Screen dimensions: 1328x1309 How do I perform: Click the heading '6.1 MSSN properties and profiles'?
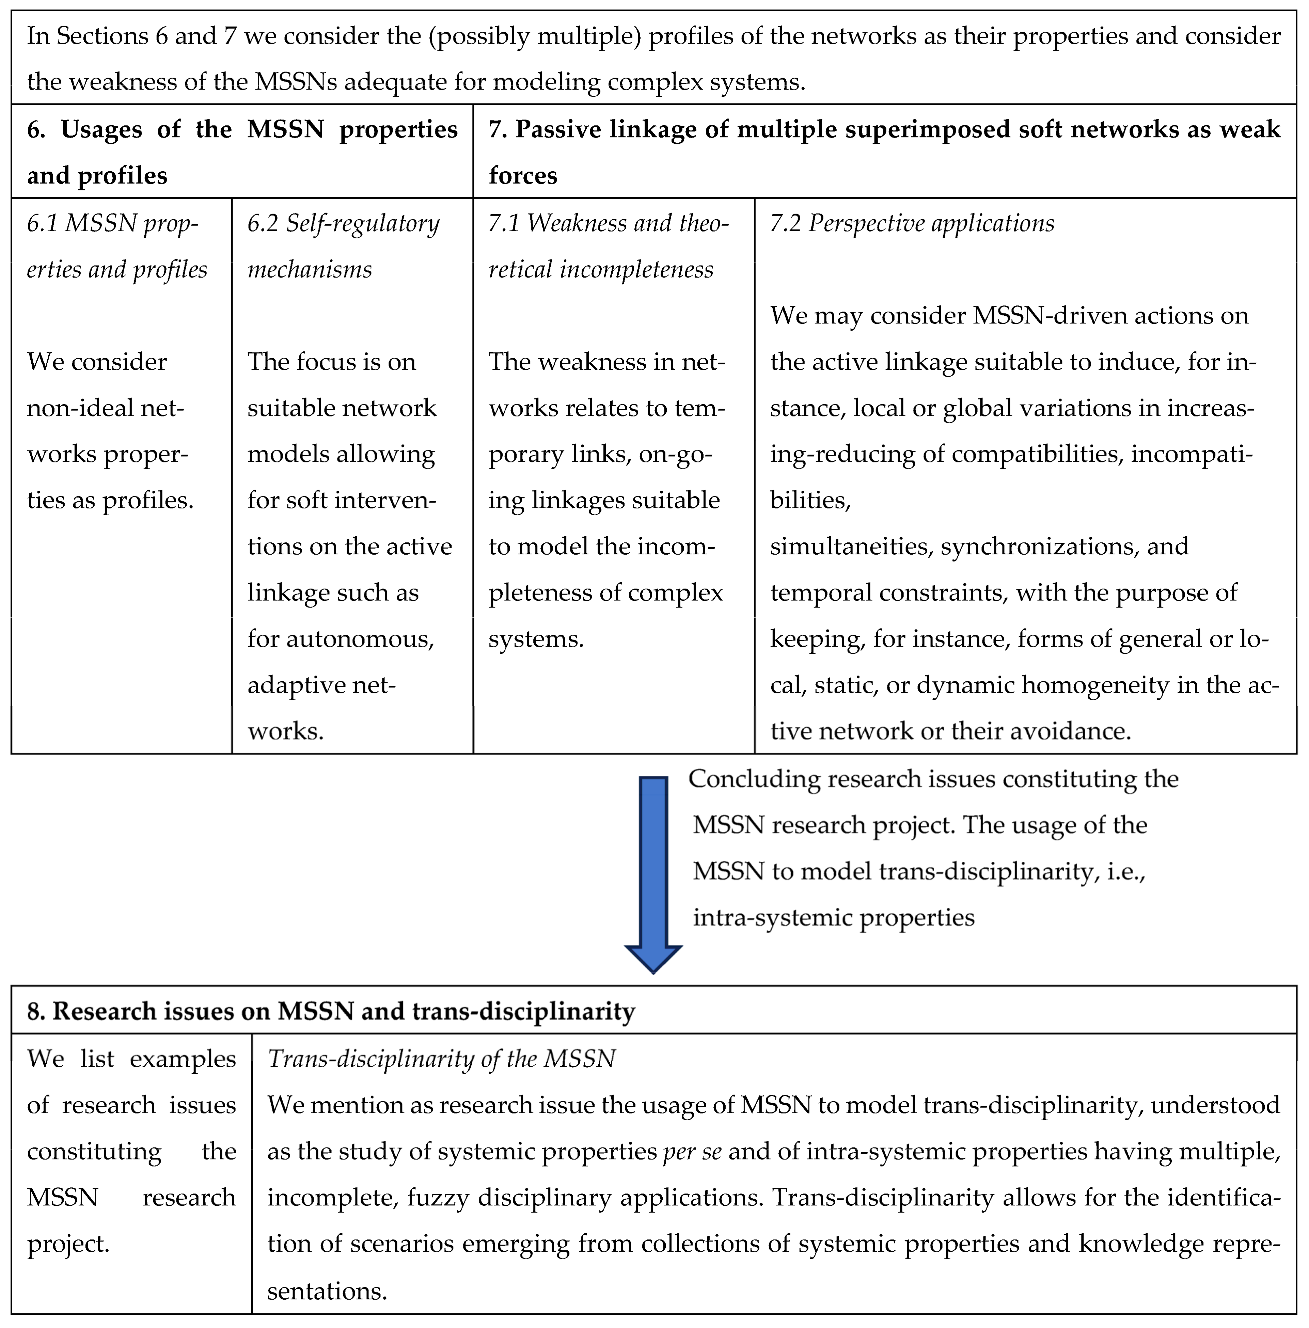point(117,246)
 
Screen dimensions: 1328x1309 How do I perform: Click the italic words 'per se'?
point(692,1151)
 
